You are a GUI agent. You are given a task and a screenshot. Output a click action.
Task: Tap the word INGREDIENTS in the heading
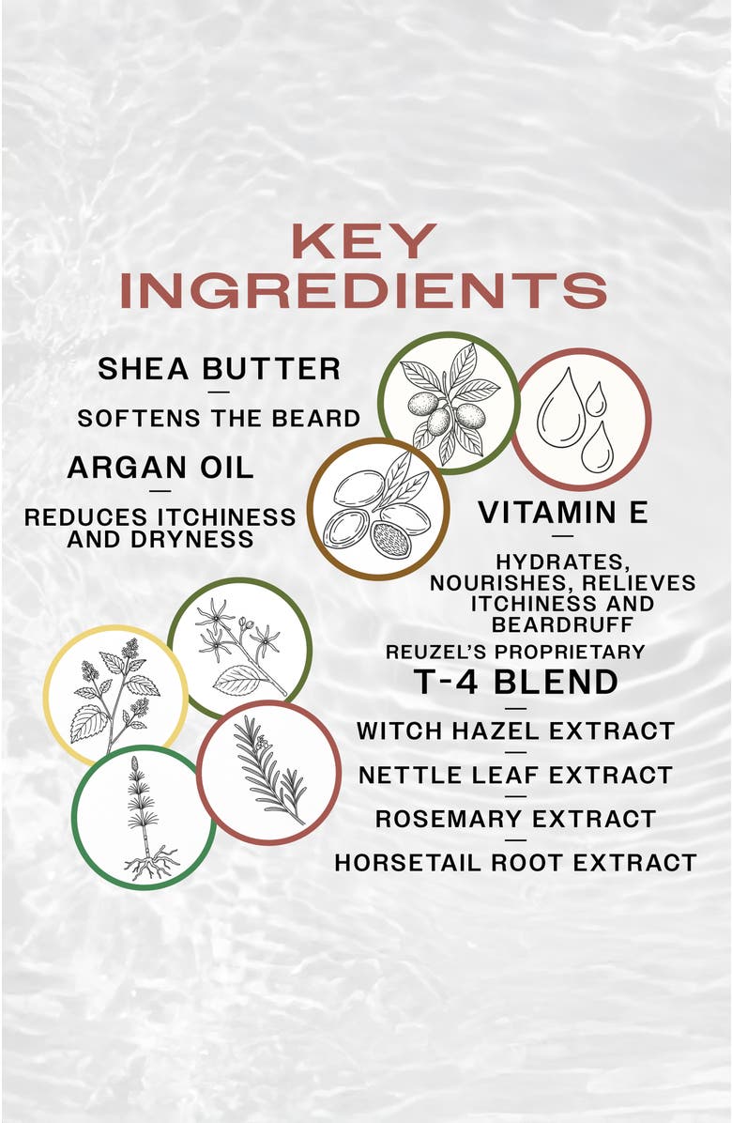tap(364, 290)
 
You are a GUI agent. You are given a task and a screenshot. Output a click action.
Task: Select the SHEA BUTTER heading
tap(219, 369)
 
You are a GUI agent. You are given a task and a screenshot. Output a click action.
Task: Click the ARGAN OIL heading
tap(160, 468)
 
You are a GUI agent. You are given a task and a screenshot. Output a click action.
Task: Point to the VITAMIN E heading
tap(563, 513)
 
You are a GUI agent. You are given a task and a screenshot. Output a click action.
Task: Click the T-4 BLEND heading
tap(516, 682)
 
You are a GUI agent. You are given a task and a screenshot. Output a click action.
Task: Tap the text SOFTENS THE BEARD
tap(219, 418)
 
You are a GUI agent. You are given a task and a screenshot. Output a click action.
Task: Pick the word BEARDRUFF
tap(562, 624)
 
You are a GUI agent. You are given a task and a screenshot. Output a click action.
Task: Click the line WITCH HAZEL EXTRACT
tap(516, 731)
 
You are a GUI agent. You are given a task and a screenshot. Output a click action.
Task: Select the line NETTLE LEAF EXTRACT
tap(516, 775)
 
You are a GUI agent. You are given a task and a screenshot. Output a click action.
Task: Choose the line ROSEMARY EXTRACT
tap(516, 819)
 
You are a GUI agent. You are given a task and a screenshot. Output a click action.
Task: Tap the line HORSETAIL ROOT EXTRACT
tap(516, 862)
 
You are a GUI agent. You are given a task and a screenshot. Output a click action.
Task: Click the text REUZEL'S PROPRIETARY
tap(515, 652)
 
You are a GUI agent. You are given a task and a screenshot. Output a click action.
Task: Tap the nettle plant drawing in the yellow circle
tap(115, 696)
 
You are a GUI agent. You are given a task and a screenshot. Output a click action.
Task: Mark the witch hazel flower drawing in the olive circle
tap(239, 648)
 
